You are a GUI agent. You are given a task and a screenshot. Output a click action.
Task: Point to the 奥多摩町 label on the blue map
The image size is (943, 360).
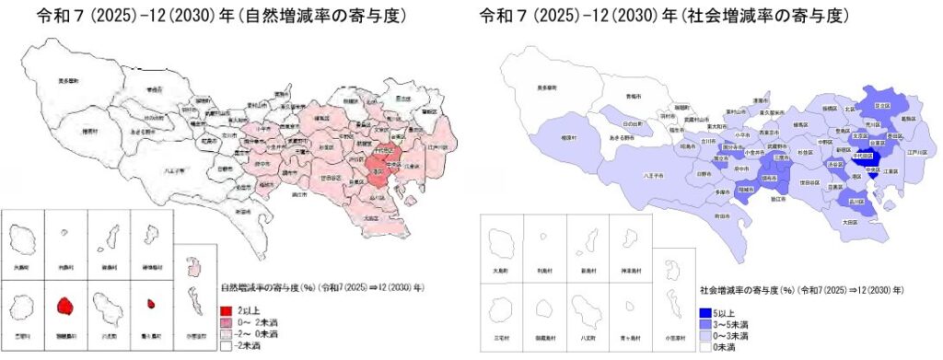551,88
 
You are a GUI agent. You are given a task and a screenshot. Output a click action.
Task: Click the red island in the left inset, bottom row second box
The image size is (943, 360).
64,306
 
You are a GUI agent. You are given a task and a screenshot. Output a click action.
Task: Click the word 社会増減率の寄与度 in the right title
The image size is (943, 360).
773,17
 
